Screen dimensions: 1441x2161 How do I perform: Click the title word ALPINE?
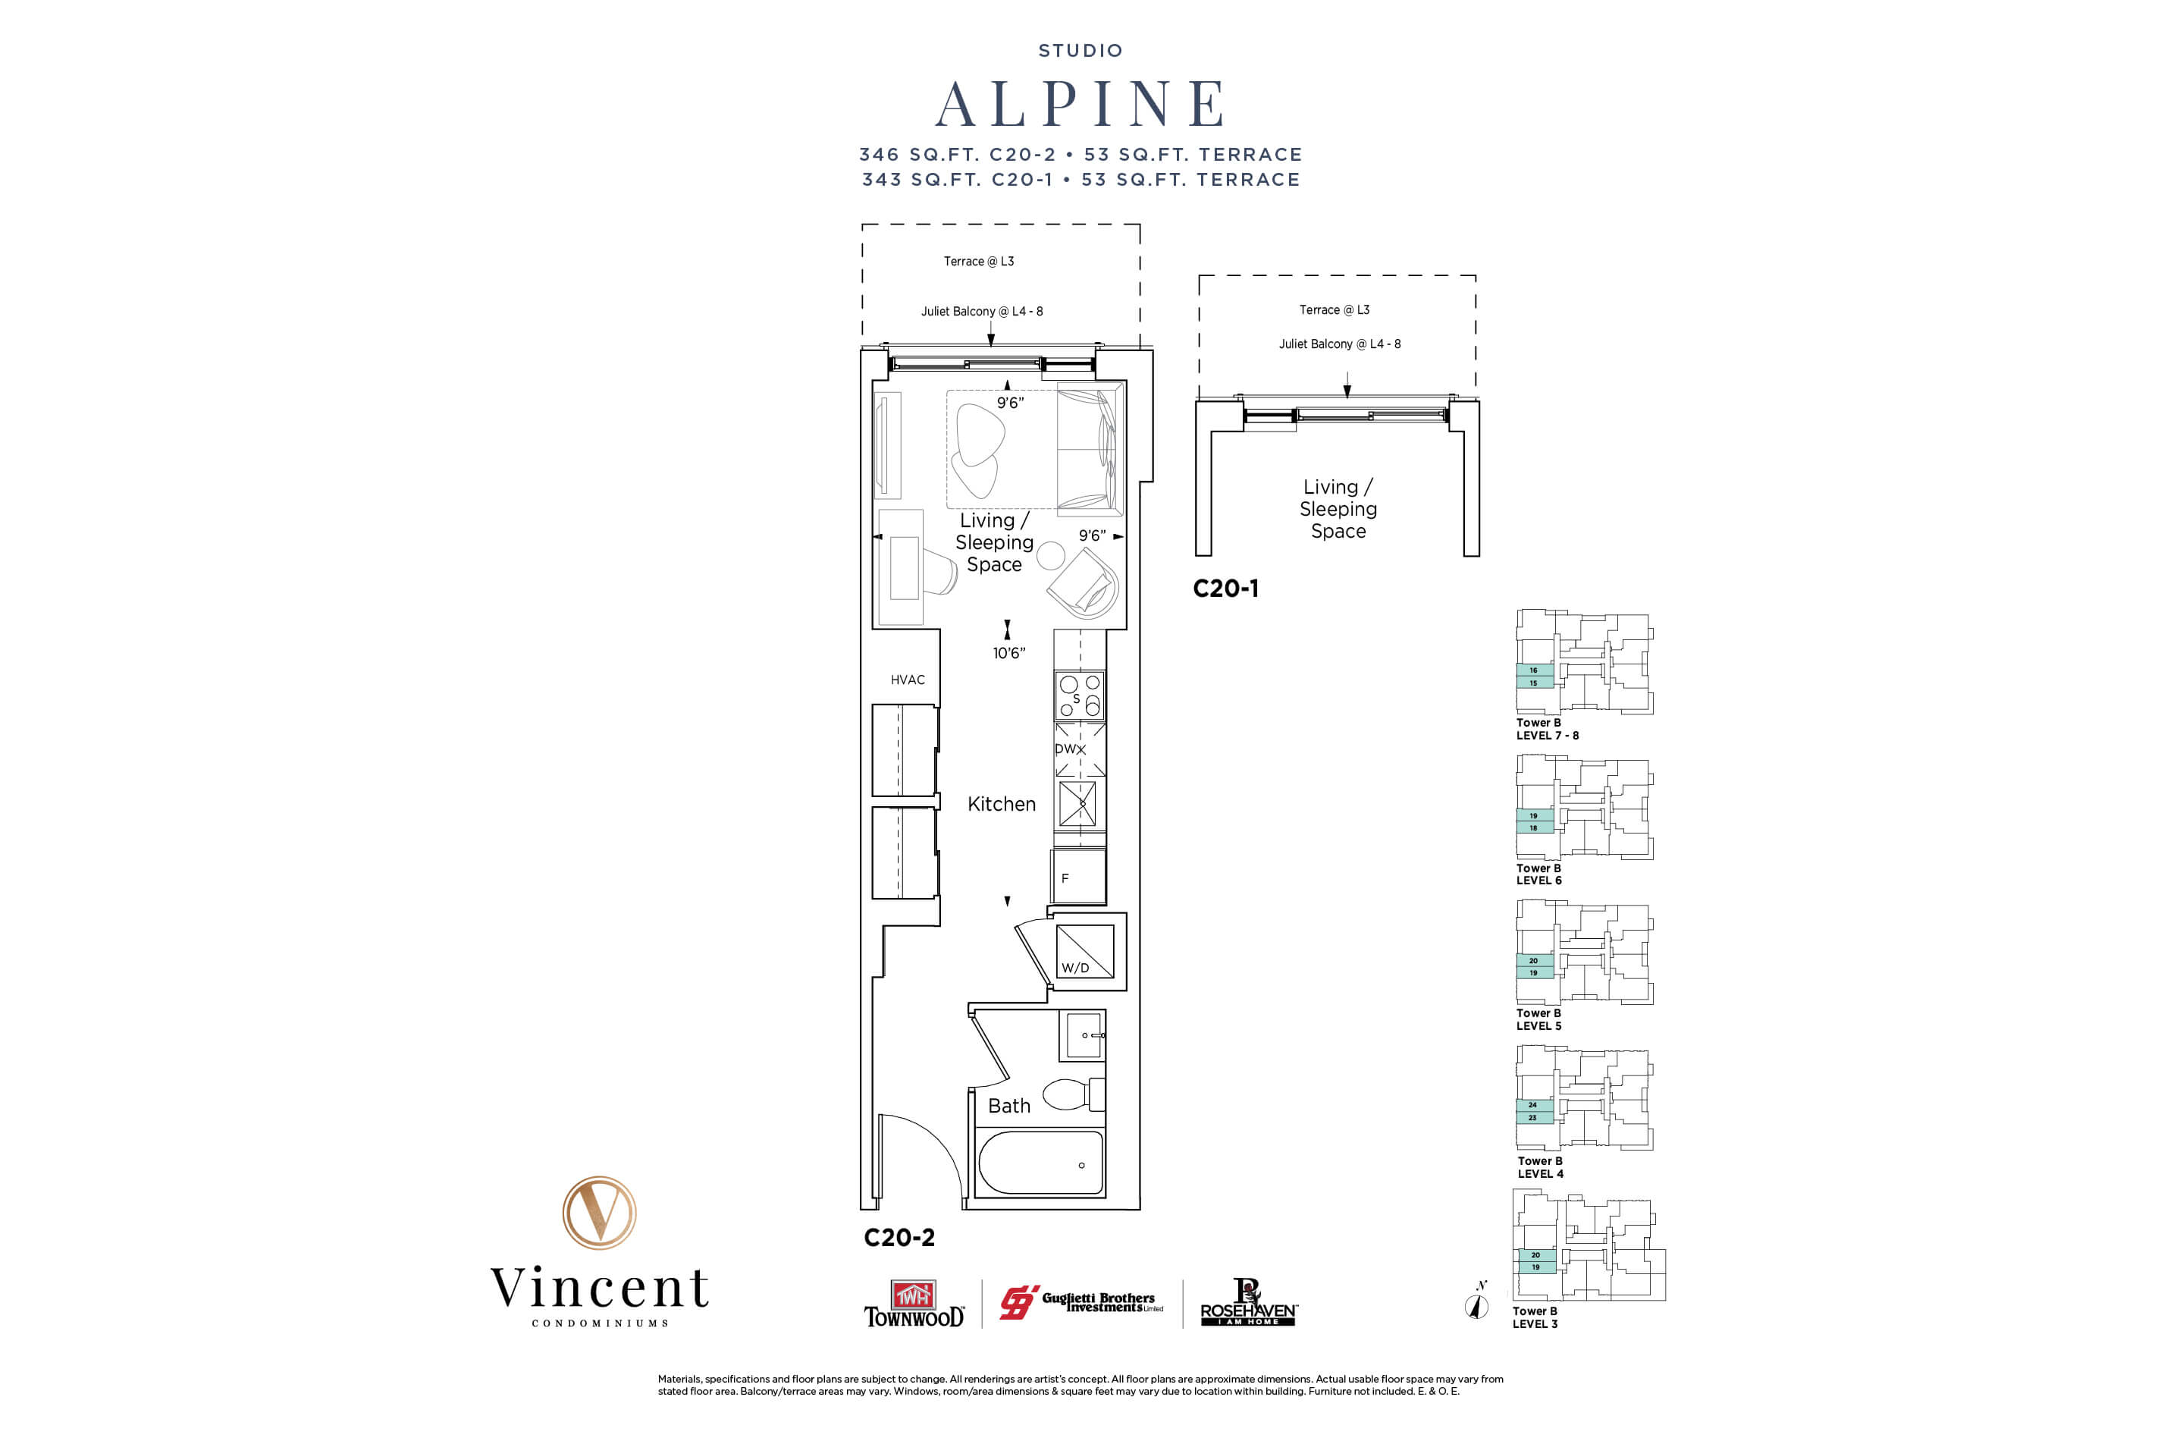click(1080, 104)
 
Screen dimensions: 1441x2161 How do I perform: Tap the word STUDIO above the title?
click(1080, 51)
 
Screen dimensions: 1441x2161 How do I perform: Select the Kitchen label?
click(1002, 804)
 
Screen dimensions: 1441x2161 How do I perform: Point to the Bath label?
click(1008, 1107)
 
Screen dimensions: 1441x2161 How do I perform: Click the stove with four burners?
click(1080, 695)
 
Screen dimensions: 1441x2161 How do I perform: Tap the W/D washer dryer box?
click(1084, 952)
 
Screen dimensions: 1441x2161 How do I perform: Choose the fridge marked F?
click(1079, 877)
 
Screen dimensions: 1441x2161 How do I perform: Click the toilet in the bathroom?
click(1071, 1094)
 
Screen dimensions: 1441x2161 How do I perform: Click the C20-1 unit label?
click(1225, 589)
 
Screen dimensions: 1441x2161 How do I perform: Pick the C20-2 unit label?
click(899, 1238)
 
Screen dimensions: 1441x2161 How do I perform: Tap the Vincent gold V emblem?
click(599, 1212)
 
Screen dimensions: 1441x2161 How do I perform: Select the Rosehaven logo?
click(1249, 1304)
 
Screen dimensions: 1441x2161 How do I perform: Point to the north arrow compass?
click(1476, 1303)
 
